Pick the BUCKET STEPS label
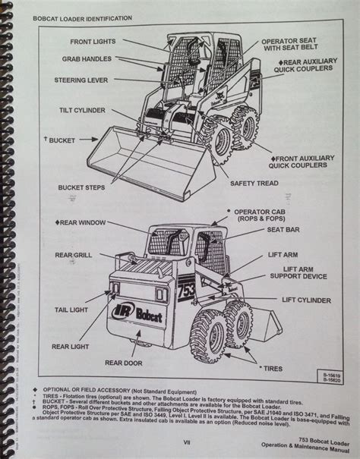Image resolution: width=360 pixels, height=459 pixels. click(x=84, y=187)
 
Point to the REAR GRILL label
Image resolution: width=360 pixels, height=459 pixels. click(x=74, y=254)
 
